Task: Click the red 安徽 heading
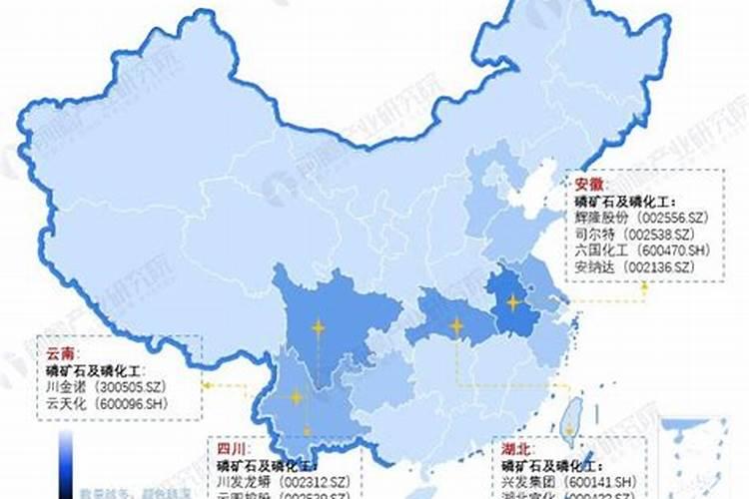click(x=589, y=185)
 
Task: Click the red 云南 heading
click(x=58, y=352)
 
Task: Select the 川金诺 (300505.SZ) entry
click(x=111, y=386)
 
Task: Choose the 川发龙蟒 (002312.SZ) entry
click(x=284, y=481)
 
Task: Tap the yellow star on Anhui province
click(x=513, y=302)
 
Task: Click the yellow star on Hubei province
click(x=456, y=325)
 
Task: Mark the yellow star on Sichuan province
click(x=318, y=326)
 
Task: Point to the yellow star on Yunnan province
click(x=296, y=397)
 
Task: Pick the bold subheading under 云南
click(x=91, y=369)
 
